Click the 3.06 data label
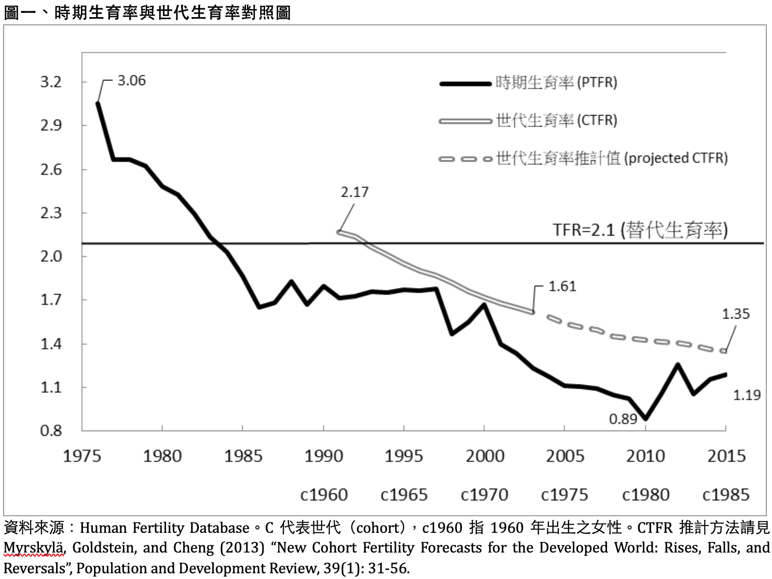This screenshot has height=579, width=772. pyautogui.click(x=131, y=80)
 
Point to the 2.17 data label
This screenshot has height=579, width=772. pyautogui.click(x=354, y=192)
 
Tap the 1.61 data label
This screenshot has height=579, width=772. pyautogui.click(x=562, y=286)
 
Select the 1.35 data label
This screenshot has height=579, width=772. pyautogui.click(x=735, y=314)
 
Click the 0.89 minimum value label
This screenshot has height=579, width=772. pyautogui.click(x=623, y=419)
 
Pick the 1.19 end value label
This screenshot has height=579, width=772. pyautogui.click(x=746, y=395)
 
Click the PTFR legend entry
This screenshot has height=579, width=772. pyautogui.click(x=556, y=82)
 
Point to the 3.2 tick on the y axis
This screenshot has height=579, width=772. pyautogui.click(x=51, y=82)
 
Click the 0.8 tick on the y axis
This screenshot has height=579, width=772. pyautogui.click(x=51, y=431)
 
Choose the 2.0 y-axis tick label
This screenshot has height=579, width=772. pyautogui.click(x=51, y=256)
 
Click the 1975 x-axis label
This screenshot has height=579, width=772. pyautogui.click(x=82, y=456)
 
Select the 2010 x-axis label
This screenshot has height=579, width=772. pyautogui.click(x=645, y=456)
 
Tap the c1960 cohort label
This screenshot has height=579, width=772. pyautogui.click(x=324, y=495)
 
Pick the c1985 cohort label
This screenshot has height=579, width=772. pyautogui.click(x=725, y=495)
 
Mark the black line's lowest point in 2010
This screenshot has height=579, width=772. pyautogui.click(x=645, y=418)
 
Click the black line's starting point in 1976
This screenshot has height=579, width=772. pyautogui.click(x=98, y=103)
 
